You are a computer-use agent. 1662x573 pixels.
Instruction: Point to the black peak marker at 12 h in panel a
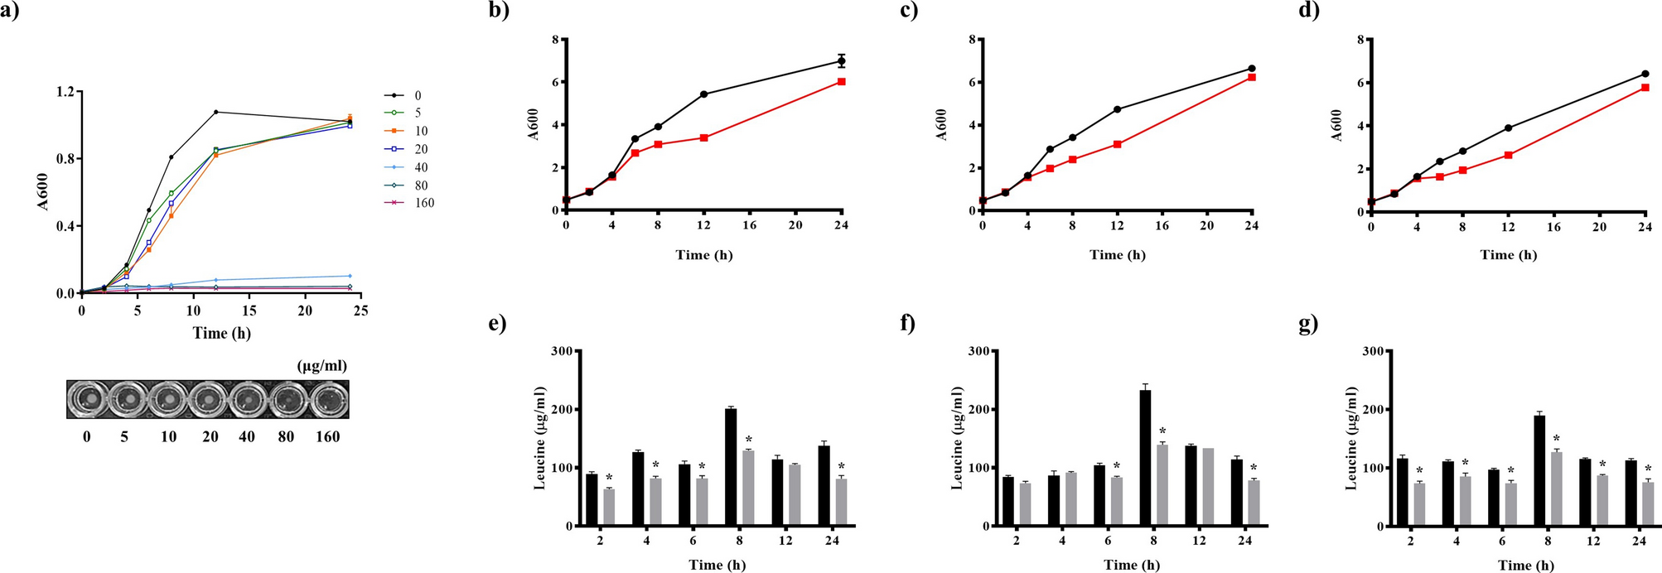pos(215,112)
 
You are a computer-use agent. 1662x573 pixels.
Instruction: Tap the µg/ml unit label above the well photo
pos(321,366)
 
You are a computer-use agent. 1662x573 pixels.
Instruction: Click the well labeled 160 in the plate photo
pos(328,399)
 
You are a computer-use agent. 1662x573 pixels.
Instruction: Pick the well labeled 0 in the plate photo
pos(87,399)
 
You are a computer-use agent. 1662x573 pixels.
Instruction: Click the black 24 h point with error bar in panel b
pos(841,61)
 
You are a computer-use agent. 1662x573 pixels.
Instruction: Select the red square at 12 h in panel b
pos(703,137)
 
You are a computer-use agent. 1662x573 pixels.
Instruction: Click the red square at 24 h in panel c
pos(1251,77)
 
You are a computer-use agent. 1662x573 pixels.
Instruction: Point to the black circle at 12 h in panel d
pos(1508,128)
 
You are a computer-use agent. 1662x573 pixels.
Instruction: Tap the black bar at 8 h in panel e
pos(731,467)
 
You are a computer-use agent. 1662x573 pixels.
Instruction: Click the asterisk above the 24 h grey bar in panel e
pos(840,466)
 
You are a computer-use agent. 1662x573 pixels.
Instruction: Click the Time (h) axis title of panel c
pos(1117,255)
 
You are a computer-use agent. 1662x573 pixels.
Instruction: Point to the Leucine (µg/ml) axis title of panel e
pos(540,438)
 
